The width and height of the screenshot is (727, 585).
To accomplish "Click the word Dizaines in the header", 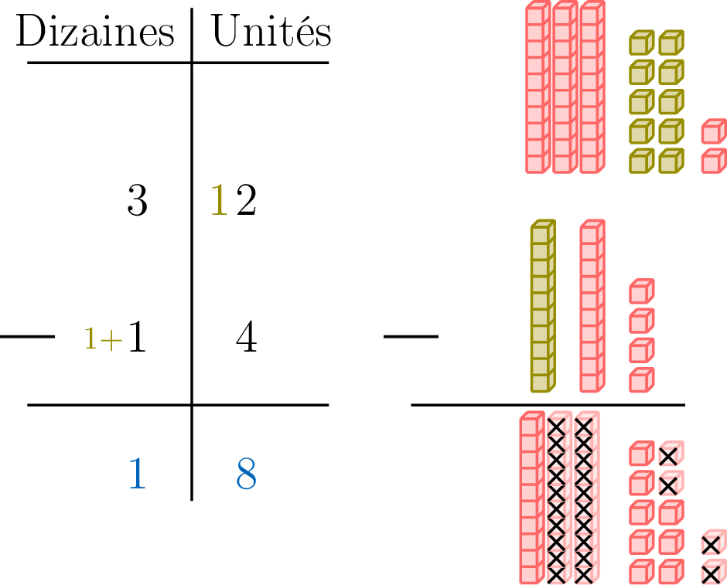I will (x=95, y=33).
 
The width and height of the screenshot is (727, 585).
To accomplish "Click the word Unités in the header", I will (x=271, y=33).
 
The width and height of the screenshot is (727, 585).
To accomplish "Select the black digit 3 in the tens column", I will (x=137, y=202).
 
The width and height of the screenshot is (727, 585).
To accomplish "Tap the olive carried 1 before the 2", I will (x=220, y=202).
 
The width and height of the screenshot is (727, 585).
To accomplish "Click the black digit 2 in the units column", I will (x=246, y=202).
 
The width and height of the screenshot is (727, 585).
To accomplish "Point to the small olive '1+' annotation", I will (x=103, y=339).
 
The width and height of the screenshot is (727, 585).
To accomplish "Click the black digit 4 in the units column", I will (x=246, y=338).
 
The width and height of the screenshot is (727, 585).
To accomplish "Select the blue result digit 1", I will (x=137, y=474).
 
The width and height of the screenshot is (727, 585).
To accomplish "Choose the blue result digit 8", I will (x=246, y=474).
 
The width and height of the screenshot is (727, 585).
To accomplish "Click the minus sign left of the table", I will (x=28, y=337).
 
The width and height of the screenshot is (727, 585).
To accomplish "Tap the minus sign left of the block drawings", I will (x=411, y=337).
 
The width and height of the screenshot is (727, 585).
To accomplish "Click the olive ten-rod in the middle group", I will (x=542, y=306).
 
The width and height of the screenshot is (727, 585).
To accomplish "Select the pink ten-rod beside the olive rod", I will (x=592, y=306).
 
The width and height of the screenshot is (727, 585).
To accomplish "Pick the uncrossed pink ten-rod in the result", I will (x=530, y=498).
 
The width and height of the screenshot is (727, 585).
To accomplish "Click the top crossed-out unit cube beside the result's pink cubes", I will (x=670, y=454).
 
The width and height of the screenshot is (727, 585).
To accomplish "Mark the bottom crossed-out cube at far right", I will (x=712, y=573).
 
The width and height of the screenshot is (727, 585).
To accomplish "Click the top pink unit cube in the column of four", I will (x=641, y=291).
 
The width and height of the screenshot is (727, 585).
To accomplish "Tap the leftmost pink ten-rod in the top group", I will (x=536, y=89).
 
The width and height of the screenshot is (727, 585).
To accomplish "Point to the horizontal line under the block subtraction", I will (x=548, y=404).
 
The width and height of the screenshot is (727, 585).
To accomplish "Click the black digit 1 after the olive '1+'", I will (x=137, y=338).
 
